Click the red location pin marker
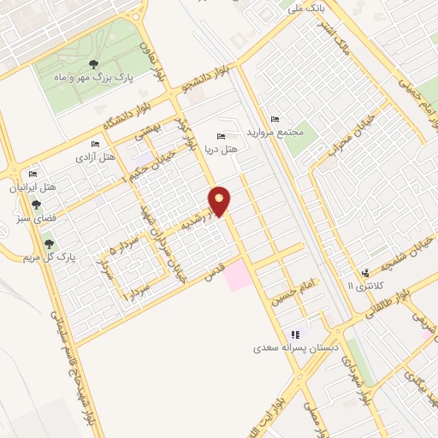coord(220,200)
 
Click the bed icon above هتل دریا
coord(222,137)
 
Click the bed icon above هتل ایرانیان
coord(33,173)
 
